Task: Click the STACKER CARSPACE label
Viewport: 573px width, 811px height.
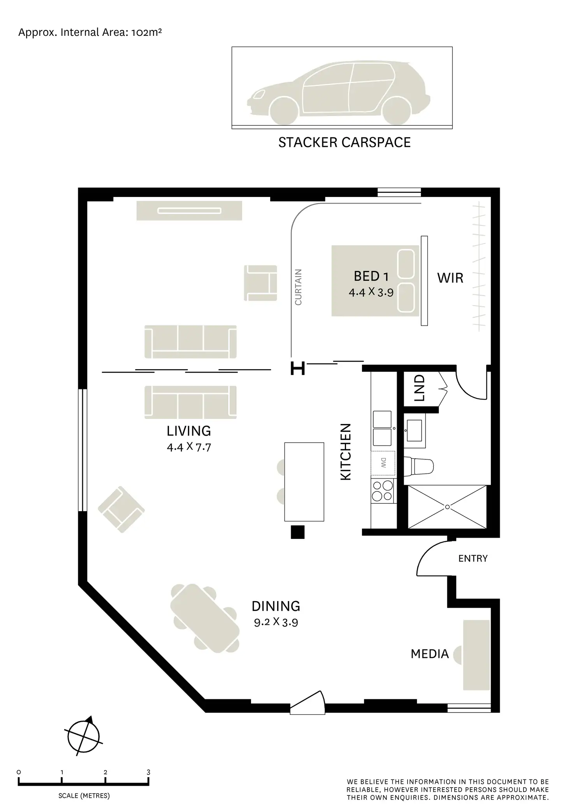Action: (x=344, y=142)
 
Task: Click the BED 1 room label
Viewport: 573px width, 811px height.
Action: (x=371, y=276)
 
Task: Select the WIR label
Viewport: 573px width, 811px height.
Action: (x=450, y=278)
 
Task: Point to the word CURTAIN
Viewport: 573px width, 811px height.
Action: (x=298, y=287)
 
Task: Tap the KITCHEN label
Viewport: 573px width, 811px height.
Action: (x=346, y=452)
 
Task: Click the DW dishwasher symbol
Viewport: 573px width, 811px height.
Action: (x=383, y=463)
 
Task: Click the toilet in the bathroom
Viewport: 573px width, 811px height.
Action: (x=420, y=466)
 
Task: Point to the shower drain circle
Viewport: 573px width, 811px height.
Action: (x=447, y=507)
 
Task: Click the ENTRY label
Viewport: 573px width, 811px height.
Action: (x=473, y=558)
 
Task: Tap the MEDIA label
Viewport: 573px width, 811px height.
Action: (x=430, y=654)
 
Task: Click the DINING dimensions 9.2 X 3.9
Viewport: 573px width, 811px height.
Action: (x=276, y=622)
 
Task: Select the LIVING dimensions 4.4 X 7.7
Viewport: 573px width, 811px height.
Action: (x=189, y=447)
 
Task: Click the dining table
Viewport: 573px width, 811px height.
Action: (x=205, y=618)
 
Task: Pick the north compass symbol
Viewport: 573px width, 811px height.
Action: (x=84, y=737)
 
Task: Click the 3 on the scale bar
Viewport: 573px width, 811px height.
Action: (x=148, y=772)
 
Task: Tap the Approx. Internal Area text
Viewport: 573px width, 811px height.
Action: (x=90, y=32)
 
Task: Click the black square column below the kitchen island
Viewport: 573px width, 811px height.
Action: (x=298, y=532)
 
